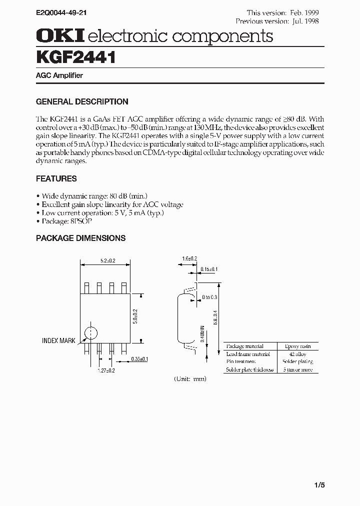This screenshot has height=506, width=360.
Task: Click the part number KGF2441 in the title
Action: click(76, 57)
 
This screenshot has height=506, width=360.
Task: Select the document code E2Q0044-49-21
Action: click(64, 10)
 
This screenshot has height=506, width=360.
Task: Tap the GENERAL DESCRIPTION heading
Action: click(82, 101)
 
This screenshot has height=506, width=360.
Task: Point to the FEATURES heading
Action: click(56, 178)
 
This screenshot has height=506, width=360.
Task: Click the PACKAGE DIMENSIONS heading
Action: click(80, 238)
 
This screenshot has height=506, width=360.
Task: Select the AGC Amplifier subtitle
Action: click(59, 75)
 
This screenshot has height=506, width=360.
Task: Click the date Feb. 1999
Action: click(305, 12)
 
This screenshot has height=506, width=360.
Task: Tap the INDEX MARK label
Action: click(58, 340)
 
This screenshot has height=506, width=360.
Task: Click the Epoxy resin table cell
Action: click(298, 346)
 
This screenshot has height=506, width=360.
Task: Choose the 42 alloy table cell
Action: click(298, 354)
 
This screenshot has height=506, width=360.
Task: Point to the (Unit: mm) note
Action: click(190, 378)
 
